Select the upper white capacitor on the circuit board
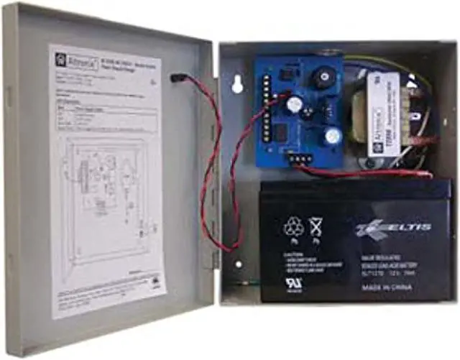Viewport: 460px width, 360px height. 294,104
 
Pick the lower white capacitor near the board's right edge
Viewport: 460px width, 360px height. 331,136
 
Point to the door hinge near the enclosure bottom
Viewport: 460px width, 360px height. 216,259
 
